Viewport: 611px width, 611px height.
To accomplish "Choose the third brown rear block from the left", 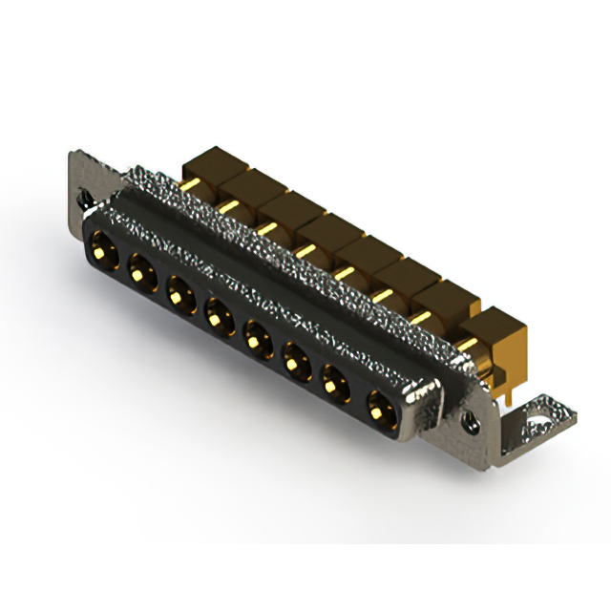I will (x=286, y=209).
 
